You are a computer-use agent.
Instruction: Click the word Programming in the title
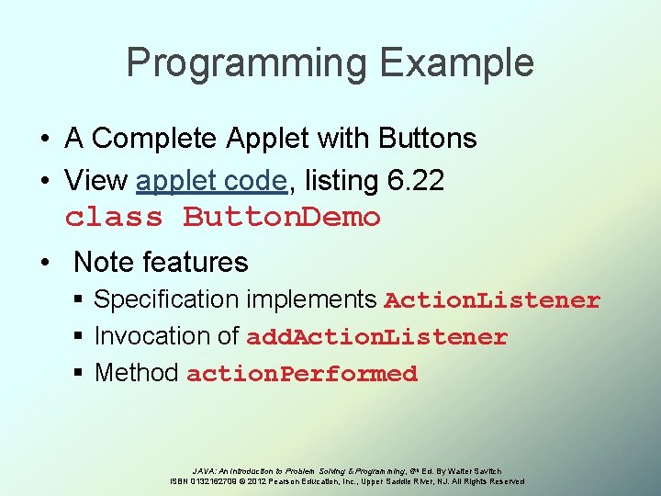247,63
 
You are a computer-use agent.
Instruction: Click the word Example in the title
456,63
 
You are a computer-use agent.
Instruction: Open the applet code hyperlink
211,181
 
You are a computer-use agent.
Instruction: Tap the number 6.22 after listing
415,181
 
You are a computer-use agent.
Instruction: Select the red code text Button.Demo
282,218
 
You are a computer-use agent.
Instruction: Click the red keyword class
114,218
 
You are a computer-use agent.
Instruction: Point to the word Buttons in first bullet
423,139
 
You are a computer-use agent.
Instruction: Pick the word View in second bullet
96,181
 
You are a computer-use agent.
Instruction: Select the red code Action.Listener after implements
492,300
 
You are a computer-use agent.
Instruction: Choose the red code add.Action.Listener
376,337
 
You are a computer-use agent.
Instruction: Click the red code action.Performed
302,374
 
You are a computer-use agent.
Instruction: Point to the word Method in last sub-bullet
136,373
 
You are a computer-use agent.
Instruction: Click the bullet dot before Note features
45,263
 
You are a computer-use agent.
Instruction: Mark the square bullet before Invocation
82,337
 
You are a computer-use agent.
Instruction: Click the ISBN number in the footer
210,481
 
